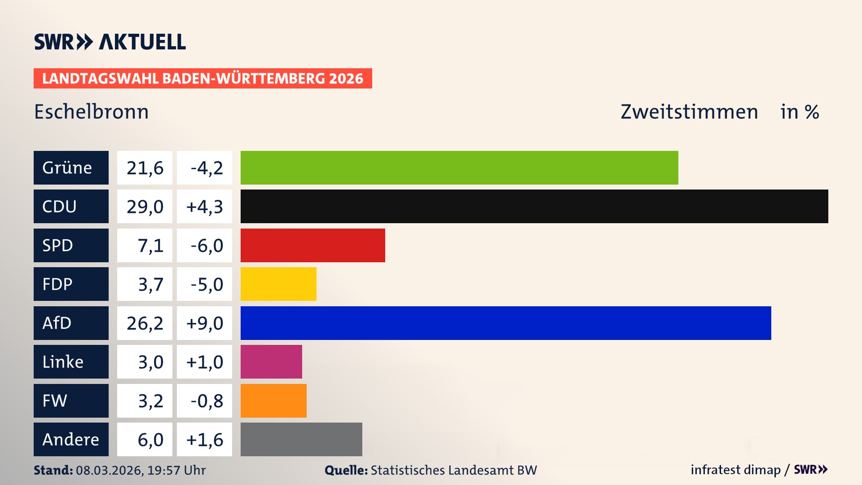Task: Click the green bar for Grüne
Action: point(459,168)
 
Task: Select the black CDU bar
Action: point(534,206)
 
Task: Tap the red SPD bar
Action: point(313,245)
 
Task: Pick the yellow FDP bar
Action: point(278,284)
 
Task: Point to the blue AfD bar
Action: point(506,323)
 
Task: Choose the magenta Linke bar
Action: point(271,362)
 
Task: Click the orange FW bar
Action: point(273,401)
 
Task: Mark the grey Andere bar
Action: point(301,439)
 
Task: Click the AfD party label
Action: point(71,323)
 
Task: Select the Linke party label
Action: point(71,362)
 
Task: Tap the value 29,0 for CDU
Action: point(145,207)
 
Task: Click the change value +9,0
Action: point(204,323)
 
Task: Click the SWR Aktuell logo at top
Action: point(110,42)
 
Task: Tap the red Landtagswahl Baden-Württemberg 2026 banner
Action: point(202,78)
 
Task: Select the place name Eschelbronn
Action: point(91,111)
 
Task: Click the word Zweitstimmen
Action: point(689,111)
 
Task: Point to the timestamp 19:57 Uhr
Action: point(176,470)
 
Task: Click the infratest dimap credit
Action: point(735,470)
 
